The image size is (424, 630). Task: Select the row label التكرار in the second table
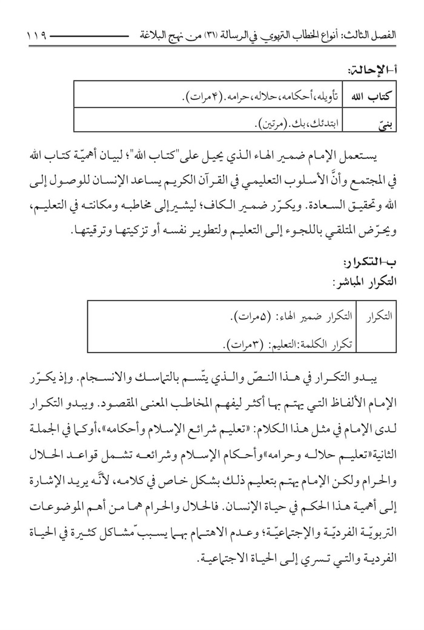tap(380, 314)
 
